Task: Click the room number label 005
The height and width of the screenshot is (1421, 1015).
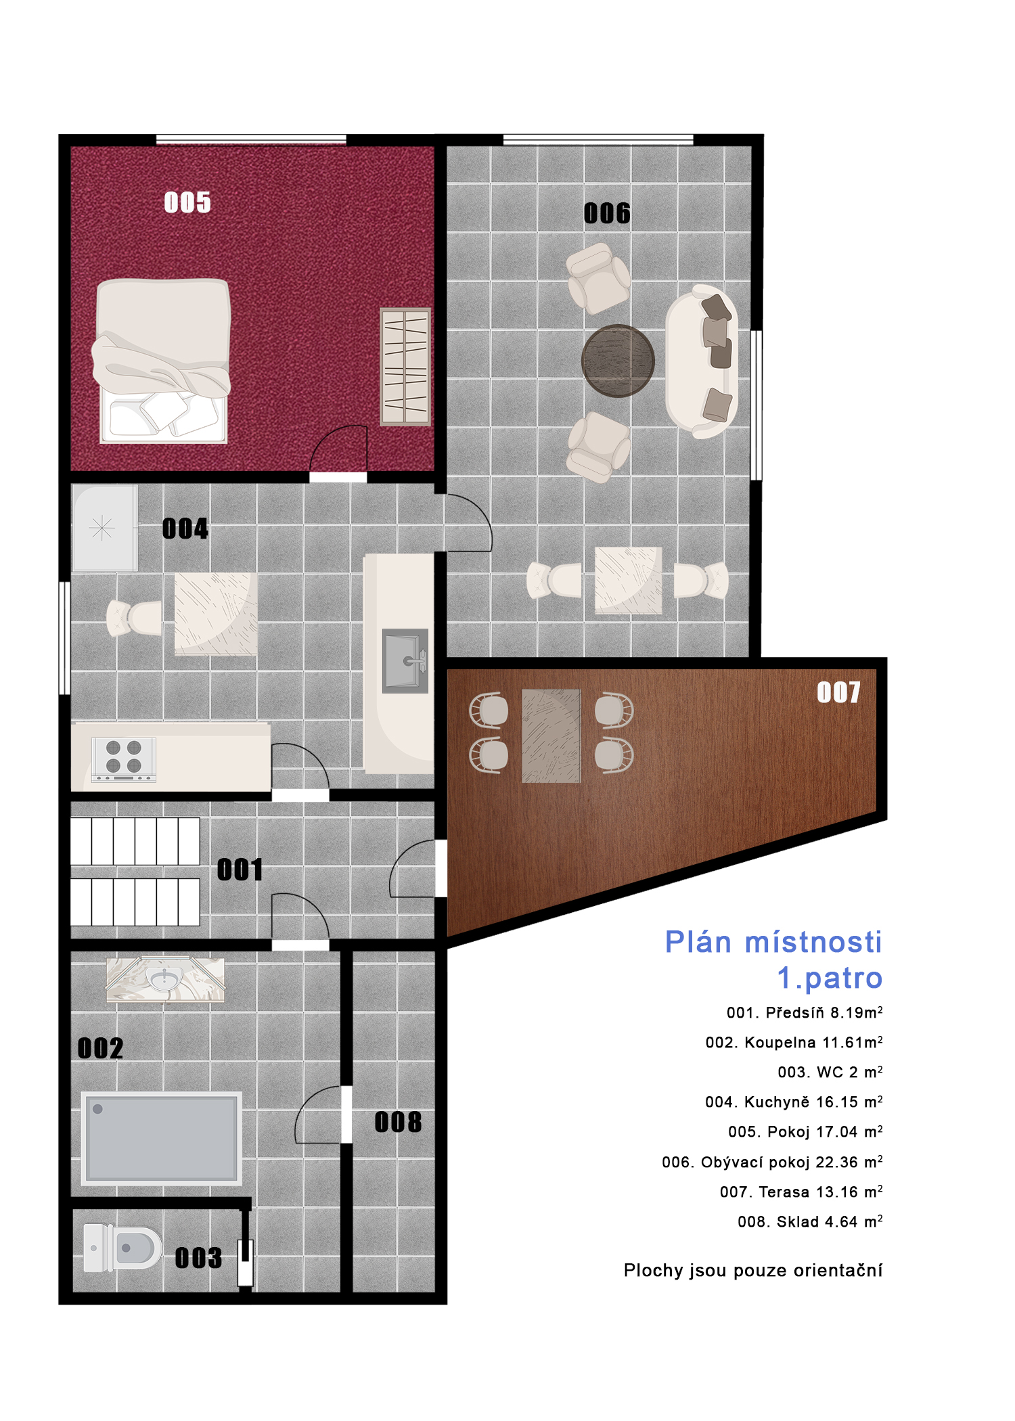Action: [187, 202]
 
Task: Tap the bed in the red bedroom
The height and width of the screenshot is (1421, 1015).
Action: [162, 361]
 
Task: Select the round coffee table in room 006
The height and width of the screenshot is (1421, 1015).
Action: [618, 361]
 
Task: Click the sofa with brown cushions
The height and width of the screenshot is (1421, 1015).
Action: [702, 361]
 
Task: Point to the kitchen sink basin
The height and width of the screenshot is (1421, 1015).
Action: [405, 661]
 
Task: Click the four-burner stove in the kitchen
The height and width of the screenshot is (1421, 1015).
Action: [125, 759]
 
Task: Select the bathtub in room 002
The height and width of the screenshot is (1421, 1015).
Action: [162, 1138]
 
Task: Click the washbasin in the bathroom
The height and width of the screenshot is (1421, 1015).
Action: [165, 978]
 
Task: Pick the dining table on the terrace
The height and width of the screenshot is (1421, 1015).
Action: [551, 736]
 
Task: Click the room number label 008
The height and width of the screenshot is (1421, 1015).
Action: [398, 1123]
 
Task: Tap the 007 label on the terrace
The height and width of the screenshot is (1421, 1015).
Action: [839, 692]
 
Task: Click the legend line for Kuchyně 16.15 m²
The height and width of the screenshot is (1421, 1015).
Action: [794, 1102]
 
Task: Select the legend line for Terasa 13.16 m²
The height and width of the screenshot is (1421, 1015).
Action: [801, 1192]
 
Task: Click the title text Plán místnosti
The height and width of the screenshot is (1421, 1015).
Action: [773, 942]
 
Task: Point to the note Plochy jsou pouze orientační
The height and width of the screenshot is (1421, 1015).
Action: [753, 1271]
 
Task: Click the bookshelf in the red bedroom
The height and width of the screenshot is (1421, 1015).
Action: [405, 367]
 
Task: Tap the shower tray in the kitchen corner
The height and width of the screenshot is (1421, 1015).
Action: [105, 528]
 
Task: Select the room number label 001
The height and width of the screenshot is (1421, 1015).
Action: [240, 870]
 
